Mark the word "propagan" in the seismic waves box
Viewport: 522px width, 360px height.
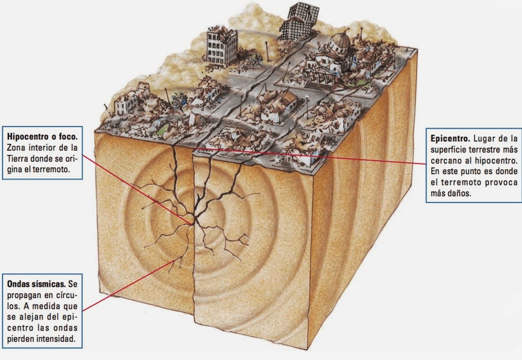click(26, 294)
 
